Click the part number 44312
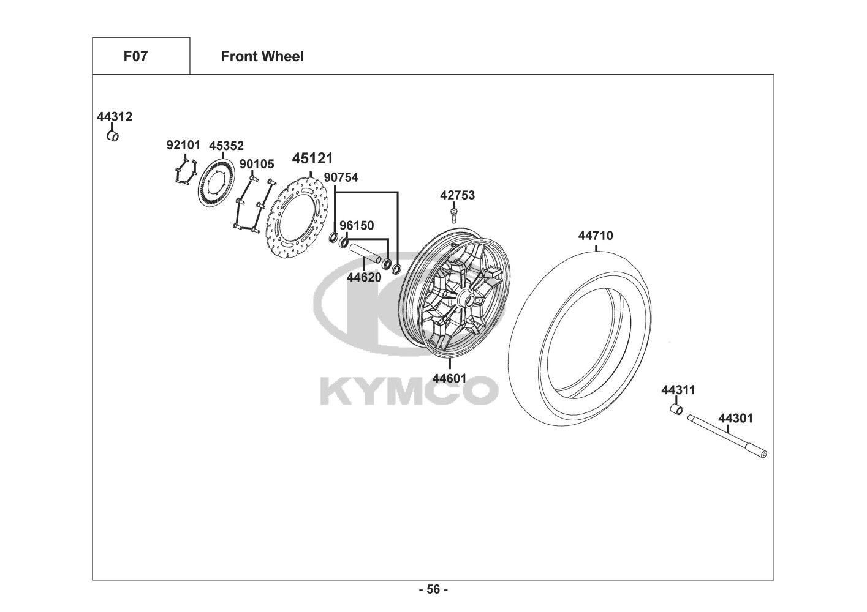coord(114,116)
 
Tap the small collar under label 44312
coord(113,136)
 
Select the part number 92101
coord(183,146)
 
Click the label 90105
coord(257,164)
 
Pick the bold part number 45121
coord(312,158)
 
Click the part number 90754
coord(341,177)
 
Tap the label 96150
coord(357,225)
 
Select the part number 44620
coord(364,277)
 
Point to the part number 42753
coord(457,195)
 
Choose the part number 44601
coord(449,378)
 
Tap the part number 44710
coord(596,236)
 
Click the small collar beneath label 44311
coord(676,409)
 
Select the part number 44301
coord(735,419)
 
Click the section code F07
coord(135,56)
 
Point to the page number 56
coord(434,589)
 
